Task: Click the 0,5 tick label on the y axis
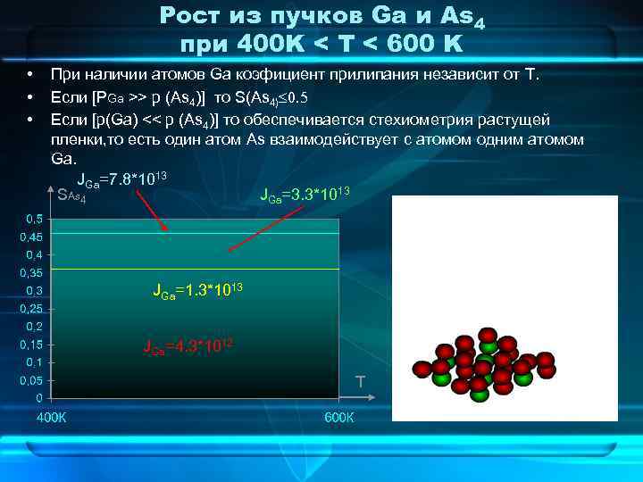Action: (x=33, y=219)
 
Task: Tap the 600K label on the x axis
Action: (x=338, y=418)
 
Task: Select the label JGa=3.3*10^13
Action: (x=304, y=194)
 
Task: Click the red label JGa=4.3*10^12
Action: (x=188, y=347)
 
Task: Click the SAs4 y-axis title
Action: (x=71, y=195)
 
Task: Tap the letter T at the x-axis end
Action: (x=360, y=382)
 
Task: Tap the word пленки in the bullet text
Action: (x=77, y=140)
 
